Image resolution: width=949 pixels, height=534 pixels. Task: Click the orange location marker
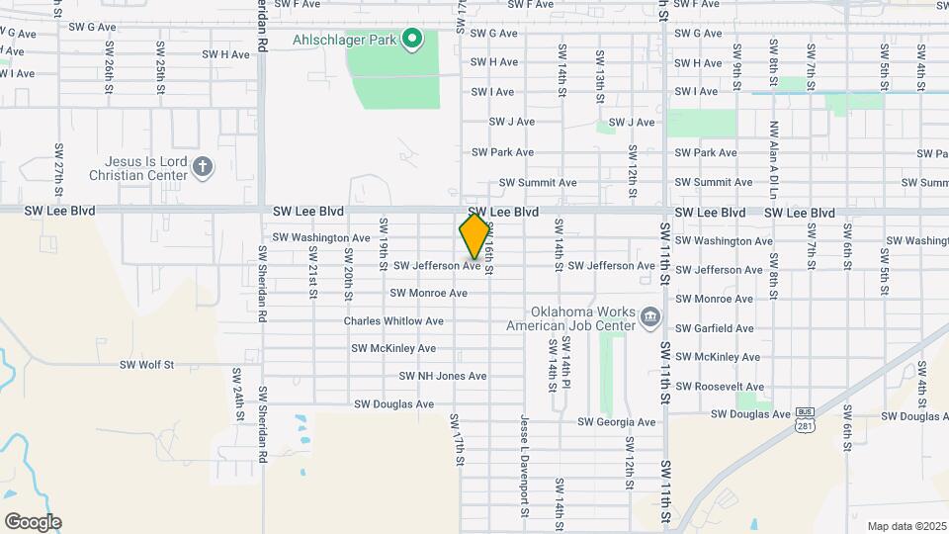click(x=474, y=237)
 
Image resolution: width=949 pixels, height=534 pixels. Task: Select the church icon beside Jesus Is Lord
click(x=203, y=166)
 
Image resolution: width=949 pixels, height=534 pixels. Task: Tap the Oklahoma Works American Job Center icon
click(x=650, y=317)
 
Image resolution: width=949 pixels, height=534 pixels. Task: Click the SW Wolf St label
click(x=146, y=364)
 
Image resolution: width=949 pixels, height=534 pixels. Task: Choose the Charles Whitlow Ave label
click(x=393, y=321)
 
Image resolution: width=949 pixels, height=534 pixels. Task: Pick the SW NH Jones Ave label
click(x=443, y=376)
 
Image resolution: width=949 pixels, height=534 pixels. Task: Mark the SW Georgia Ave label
click(x=618, y=422)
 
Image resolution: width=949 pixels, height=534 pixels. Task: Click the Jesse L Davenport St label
click(x=524, y=466)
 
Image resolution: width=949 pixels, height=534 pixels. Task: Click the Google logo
click(x=32, y=522)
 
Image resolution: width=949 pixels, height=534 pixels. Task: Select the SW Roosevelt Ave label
click(x=720, y=387)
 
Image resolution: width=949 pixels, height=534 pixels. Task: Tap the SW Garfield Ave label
click(x=715, y=328)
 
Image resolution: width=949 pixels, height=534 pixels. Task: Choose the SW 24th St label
click(x=237, y=392)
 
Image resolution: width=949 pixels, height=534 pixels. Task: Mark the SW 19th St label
click(x=383, y=250)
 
